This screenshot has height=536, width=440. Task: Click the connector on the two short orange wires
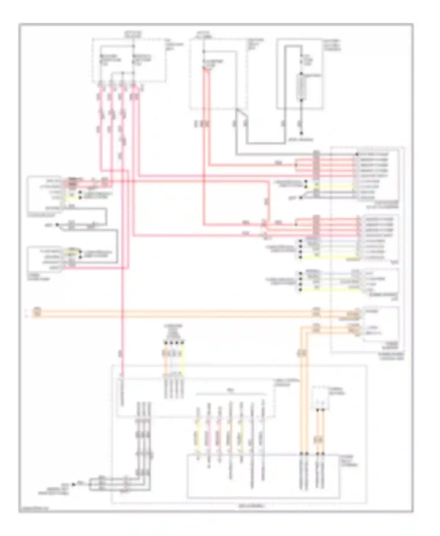tap(319, 440)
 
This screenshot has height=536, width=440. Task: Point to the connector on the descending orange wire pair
tap(302, 353)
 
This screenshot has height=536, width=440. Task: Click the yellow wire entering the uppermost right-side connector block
tap(337, 187)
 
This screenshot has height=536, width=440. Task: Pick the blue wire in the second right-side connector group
tap(337, 241)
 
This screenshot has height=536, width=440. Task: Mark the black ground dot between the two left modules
tap(57, 225)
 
